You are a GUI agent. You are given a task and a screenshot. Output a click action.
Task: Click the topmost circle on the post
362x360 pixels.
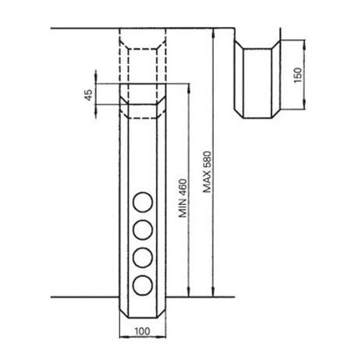click(x=143, y=202)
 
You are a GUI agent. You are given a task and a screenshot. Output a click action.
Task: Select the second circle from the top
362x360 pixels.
click(x=143, y=230)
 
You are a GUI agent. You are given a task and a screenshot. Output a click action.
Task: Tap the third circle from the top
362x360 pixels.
click(x=143, y=258)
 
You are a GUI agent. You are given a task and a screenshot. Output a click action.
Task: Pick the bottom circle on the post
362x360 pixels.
click(x=143, y=285)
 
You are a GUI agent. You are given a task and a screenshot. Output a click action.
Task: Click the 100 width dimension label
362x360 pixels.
click(x=142, y=331)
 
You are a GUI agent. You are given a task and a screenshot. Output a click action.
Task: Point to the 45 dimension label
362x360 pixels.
click(x=89, y=95)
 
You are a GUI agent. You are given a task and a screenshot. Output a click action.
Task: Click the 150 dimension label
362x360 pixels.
click(x=298, y=75)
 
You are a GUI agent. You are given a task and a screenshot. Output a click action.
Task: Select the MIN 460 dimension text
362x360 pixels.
click(x=183, y=198)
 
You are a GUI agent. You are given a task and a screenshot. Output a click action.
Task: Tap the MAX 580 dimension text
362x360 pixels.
click(x=208, y=171)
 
